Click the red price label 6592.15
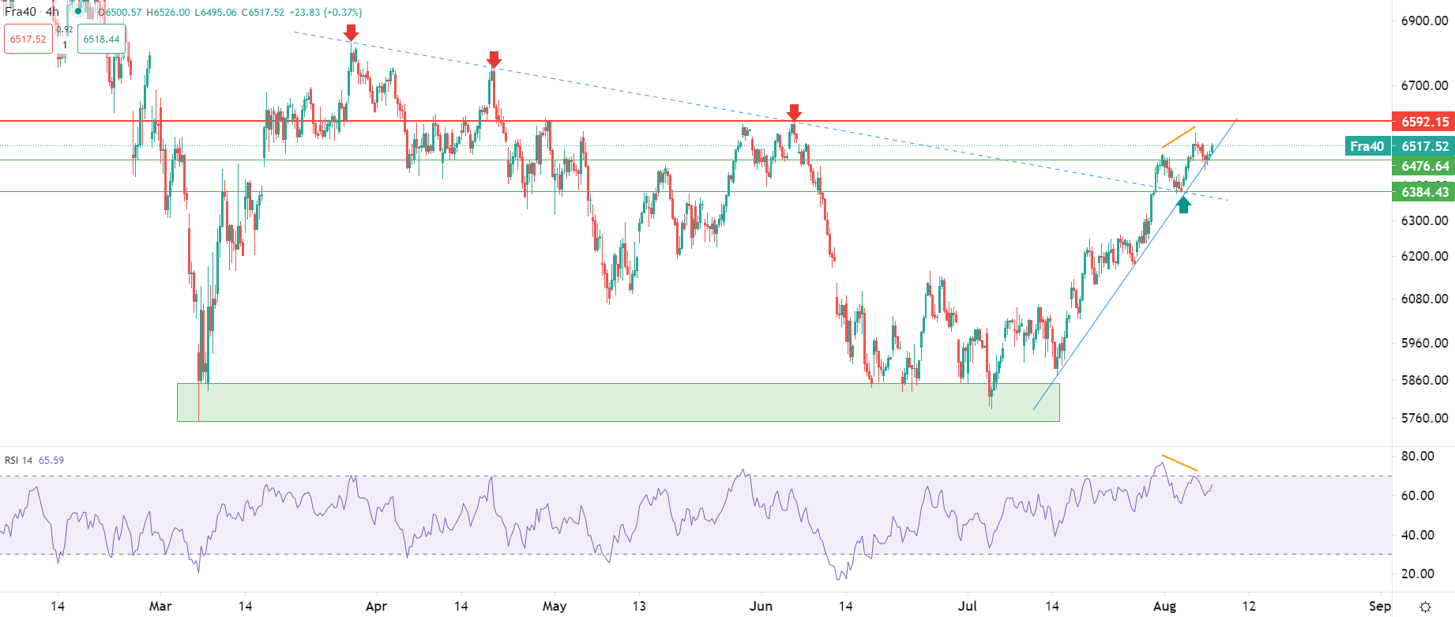coord(1423,122)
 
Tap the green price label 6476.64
coord(1423,166)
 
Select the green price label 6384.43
coord(1423,192)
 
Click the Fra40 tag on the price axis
coord(1367,146)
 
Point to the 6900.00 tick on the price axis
coord(1424,21)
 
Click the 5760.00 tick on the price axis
coord(1424,418)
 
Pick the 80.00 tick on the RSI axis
coord(1418,456)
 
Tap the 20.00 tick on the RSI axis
coord(1418,574)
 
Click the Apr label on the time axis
coord(377,606)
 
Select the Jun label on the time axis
coord(761,606)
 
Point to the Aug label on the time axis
coord(1164,606)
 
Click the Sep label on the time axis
coord(1380,606)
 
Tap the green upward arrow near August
coord(1183,205)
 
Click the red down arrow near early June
coord(795,112)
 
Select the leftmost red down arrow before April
coord(352,32)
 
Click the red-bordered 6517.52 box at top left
coord(28,40)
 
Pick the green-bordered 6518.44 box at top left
coord(102,40)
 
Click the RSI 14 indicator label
coord(19,461)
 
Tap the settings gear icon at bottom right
coord(1425,607)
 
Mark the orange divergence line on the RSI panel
coord(1179,464)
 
